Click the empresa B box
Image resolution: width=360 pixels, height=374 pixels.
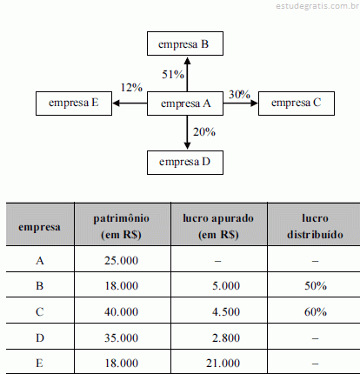185,43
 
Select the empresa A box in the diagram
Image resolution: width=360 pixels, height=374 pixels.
185,104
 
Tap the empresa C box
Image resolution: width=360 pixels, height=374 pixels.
297,104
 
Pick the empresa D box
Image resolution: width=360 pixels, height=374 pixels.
185,163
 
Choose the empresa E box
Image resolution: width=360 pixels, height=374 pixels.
74,104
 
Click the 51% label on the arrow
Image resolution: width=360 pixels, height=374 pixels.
173,75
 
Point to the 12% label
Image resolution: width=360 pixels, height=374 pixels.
131,88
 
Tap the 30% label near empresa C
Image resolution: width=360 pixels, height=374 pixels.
239,95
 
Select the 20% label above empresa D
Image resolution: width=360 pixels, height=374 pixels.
204,132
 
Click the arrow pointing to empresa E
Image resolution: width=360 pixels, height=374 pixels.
130,104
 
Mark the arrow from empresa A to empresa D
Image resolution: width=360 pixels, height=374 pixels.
187,133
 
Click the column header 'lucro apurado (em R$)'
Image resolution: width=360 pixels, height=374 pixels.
218,226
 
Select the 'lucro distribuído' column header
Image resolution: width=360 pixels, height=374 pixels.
315,226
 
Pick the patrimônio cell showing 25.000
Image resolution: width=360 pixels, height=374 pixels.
121,261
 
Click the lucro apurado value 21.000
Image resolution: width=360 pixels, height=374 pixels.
223,363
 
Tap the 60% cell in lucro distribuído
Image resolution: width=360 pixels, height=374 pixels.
316,312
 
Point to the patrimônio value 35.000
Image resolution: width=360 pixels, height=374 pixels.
121,337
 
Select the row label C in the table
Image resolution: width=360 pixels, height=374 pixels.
40,312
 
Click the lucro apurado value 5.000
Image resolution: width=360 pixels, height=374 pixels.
226,286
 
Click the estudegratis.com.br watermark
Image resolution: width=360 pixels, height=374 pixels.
317,6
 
